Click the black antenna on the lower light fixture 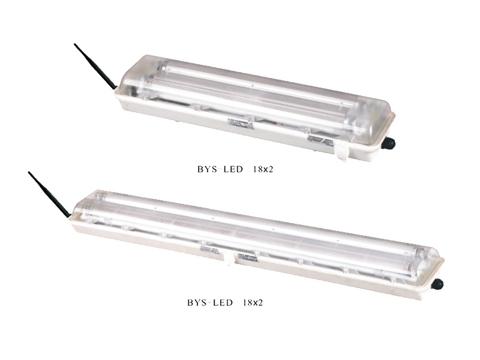click(50, 194)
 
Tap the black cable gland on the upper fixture click(391, 143)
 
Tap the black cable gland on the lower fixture click(437, 284)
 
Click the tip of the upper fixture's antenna click(76, 44)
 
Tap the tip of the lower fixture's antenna click(29, 172)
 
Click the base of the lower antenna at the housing click(70, 215)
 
